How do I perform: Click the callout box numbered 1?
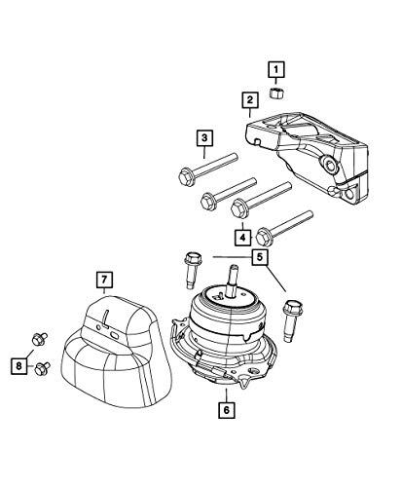click(x=276, y=68)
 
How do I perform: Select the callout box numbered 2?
click(x=250, y=99)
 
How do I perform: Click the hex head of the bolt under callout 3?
click(x=187, y=176)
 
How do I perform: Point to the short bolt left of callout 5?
click(x=191, y=264)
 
